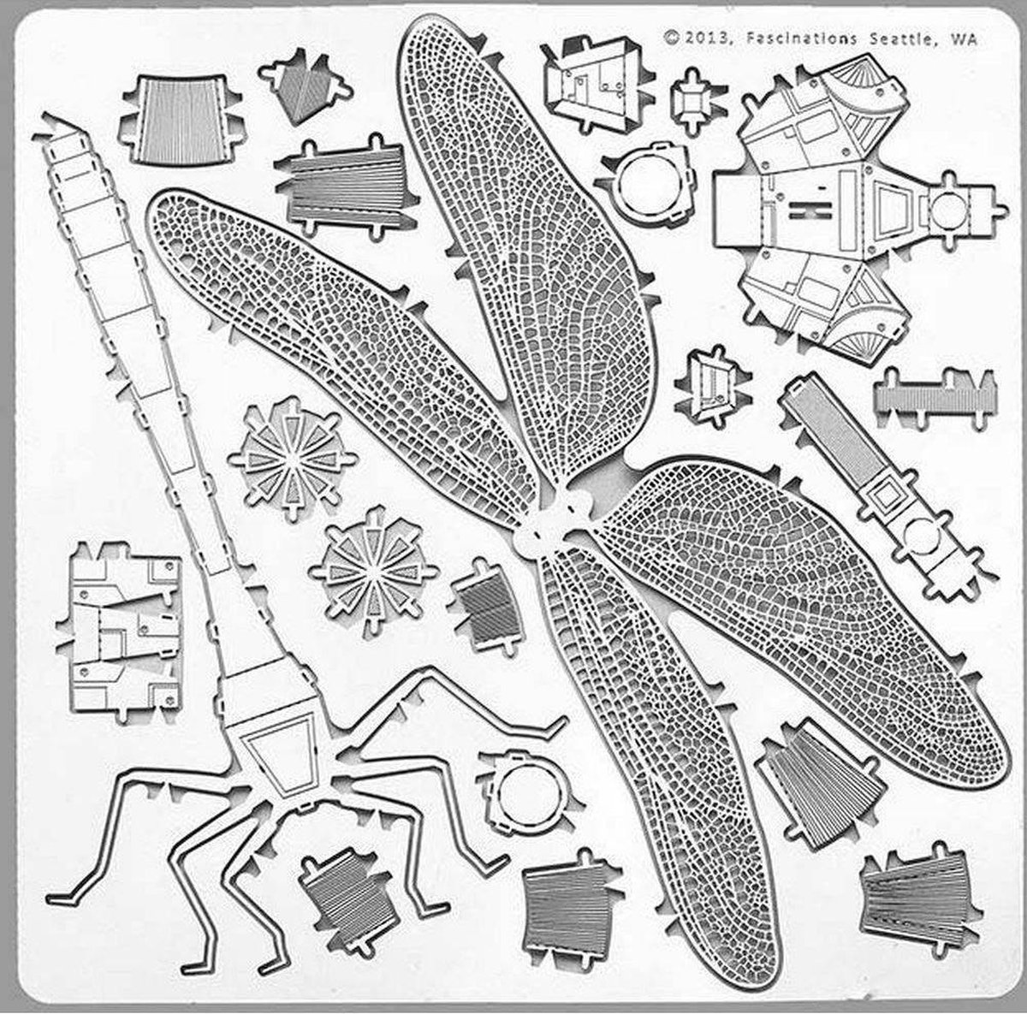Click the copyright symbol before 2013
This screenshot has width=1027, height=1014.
(672, 37)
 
